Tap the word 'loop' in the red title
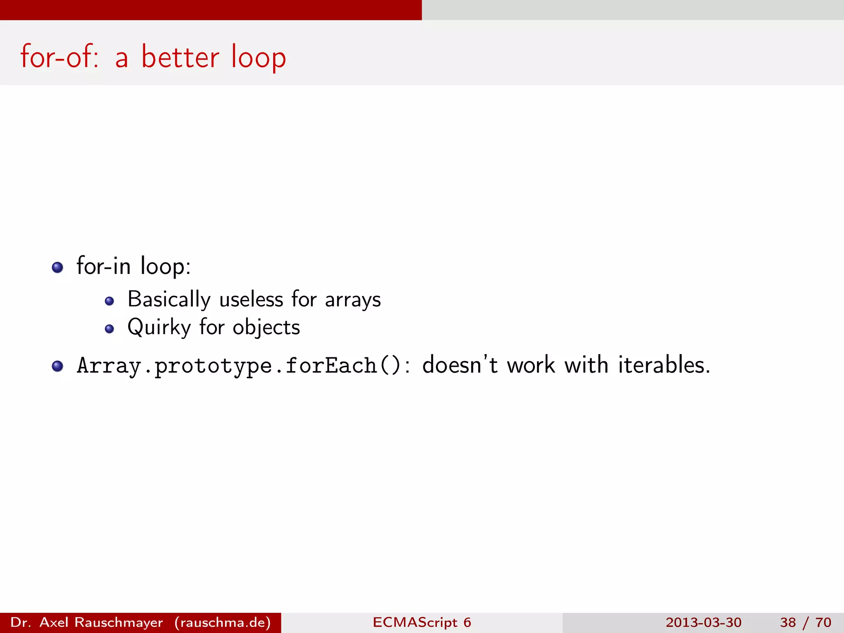pyautogui.click(x=258, y=58)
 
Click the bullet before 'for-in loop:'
pyautogui.click(x=57, y=267)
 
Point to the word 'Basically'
pyautogui.click(x=169, y=300)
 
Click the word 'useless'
pyautogui.click(x=251, y=300)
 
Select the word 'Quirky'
pyautogui.click(x=159, y=328)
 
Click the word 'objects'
pyautogui.click(x=266, y=328)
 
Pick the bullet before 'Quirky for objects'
pyautogui.click(x=109, y=329)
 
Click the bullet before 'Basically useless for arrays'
pyautogui.click(x=109, y=301)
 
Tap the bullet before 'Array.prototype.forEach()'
pyautogui.click(x=57, y=366)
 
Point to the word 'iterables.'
pyautogui.click(x=664, y=365)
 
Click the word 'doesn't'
pyautogui.click(x=460, y=365)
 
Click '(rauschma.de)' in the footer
pyautogui.click(x=223, y=622)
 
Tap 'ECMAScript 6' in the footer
pyautogui.click(x=422, y=622)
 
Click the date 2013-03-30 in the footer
pyautogui.click(x=703, y=622)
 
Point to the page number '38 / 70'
pyautogui.click(x=805, y=622)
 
